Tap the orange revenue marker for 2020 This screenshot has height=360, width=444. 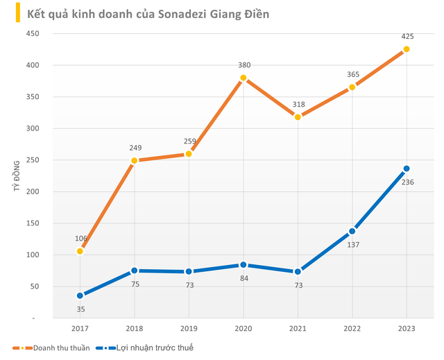coord(243,78)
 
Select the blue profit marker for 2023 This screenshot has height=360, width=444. coord(407,169)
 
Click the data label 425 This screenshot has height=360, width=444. coord(407,37)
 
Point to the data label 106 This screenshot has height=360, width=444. coord(81,238)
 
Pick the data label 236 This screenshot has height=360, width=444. coord(407,182)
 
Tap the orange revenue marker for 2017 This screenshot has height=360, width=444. coord(80,251)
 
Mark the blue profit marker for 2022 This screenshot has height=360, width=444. coord(352,231)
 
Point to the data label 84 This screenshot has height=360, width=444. coord(243,279)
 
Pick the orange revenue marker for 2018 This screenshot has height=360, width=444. coord(134,161)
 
